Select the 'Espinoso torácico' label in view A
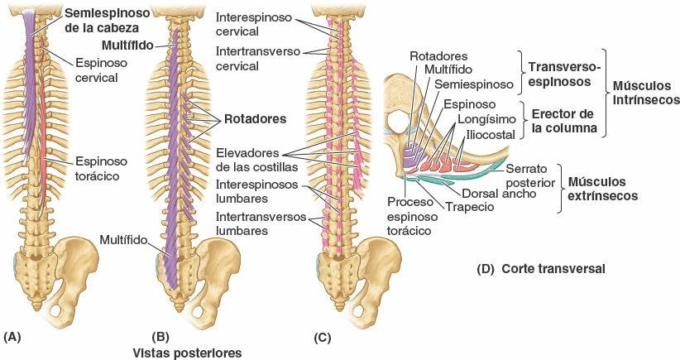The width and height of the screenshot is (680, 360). [x=98, y=170]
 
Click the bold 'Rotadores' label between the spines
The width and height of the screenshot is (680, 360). [x=254, y=119]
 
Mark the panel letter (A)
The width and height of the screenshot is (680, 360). [x=12, y=337]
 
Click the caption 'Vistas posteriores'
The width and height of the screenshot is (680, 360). [x=188, y=353]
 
